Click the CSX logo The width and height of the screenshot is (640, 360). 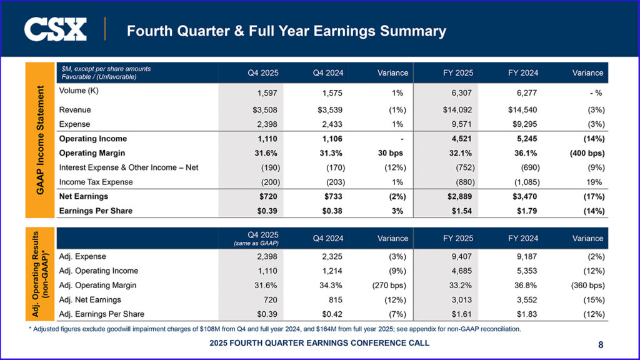pos(55,29)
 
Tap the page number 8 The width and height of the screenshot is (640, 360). pos(601,344)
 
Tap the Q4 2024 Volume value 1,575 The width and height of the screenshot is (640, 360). pos(329,93)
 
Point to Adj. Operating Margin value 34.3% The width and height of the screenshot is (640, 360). pos(327,286)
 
